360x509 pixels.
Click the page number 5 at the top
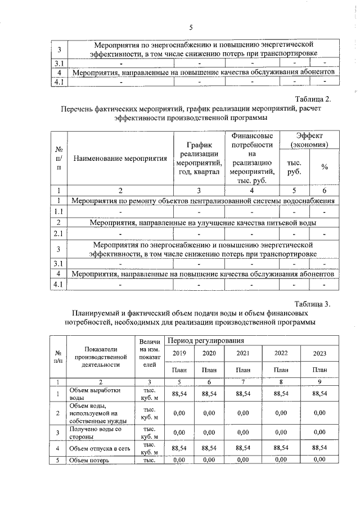[x=191, y=28]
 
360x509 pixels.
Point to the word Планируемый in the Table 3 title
[x=96, y=313]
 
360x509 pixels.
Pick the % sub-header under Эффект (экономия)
[x=325, y=167]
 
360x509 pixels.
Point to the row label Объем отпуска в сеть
[x=94, y=448]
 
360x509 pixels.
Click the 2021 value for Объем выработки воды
[x=243, y=393]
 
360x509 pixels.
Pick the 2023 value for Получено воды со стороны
[x=319, y=432]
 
